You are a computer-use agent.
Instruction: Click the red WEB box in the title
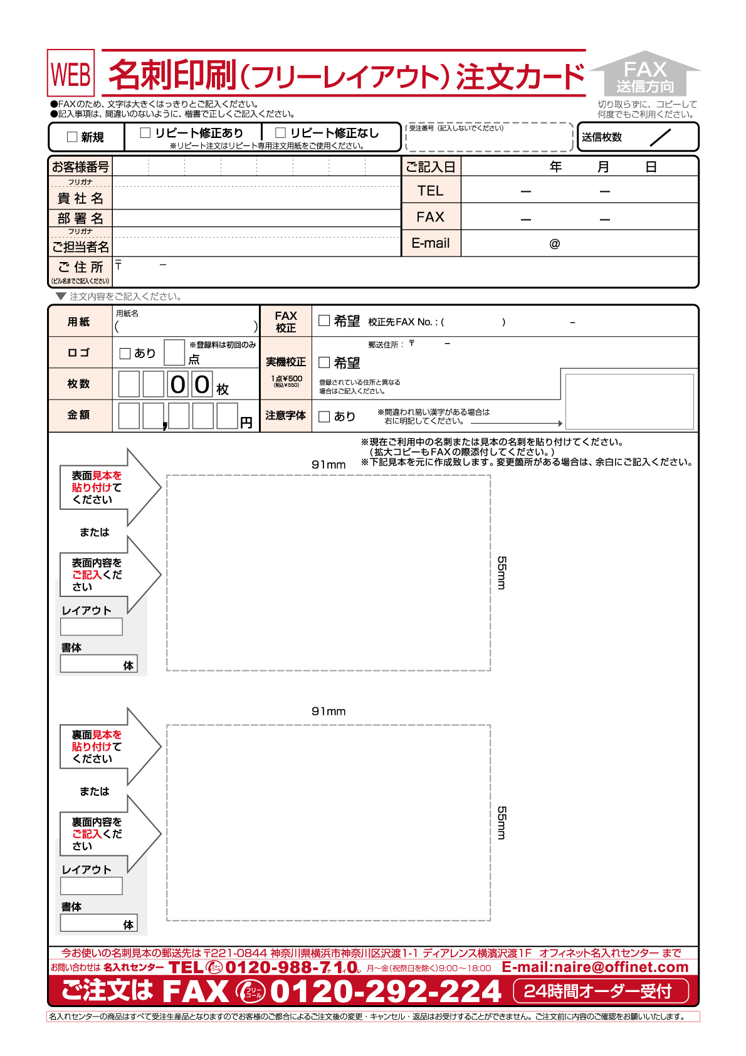71,73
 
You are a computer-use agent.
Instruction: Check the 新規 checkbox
72,137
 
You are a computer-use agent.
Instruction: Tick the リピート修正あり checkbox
145,132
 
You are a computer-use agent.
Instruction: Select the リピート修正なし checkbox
280,132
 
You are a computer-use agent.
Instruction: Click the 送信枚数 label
601,137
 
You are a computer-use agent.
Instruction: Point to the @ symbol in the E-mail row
554,244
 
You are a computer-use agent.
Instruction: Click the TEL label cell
431,191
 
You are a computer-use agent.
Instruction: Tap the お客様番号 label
80,167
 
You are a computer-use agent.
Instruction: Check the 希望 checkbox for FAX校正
324,320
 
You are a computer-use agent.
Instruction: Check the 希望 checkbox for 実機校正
324,362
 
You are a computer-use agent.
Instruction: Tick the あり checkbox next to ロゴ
125,353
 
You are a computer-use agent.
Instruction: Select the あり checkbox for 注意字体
324,416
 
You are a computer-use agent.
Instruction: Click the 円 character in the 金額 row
246,423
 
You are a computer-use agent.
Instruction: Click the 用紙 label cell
79,322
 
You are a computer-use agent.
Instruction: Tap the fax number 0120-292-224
385,991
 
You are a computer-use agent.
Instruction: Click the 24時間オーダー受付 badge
600,991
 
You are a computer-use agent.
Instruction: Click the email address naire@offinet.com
595,967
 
